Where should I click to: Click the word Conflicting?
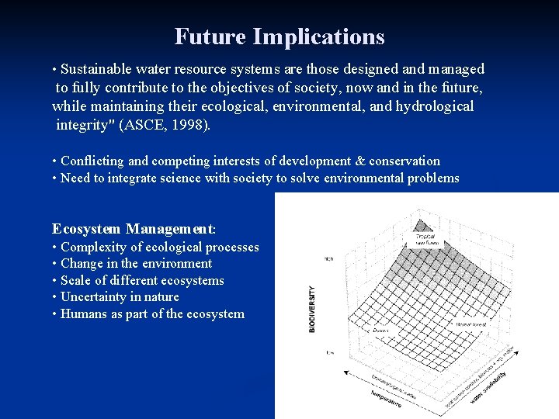(x=92, y=161)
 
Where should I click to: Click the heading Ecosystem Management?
(x=134, y=229)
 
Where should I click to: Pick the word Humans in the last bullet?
(x=83, y=314)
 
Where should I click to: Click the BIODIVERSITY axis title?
(x=313, y=309)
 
